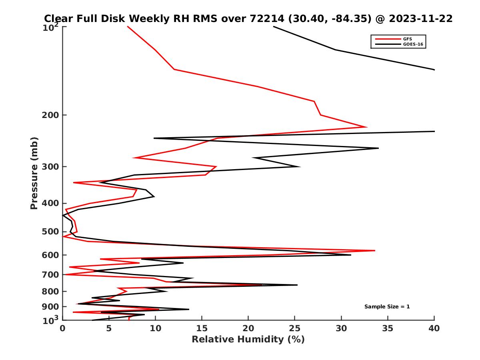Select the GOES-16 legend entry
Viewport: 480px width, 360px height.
click(412, 44)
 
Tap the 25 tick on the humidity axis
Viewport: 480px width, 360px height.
click(295, 328)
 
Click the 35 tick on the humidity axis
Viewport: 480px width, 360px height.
click(388, 328)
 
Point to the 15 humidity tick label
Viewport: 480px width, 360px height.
click(202, 328)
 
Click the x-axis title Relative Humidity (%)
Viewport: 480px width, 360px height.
click(248, 340)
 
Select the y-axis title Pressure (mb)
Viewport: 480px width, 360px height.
click(34, 173)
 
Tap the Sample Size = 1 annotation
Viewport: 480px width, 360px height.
click(387, 307)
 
